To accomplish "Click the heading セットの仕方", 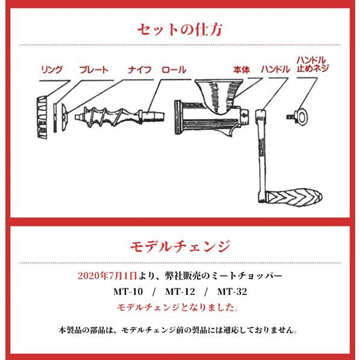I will (180, 29).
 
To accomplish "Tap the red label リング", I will (51, 70).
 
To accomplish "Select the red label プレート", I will (93, 70).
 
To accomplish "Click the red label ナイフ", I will (140, 70).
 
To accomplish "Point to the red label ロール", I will (174, 70).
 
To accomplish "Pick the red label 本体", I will (241, 70).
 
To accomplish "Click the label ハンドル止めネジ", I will (312, 65).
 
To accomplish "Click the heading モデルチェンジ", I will (180, 247).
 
